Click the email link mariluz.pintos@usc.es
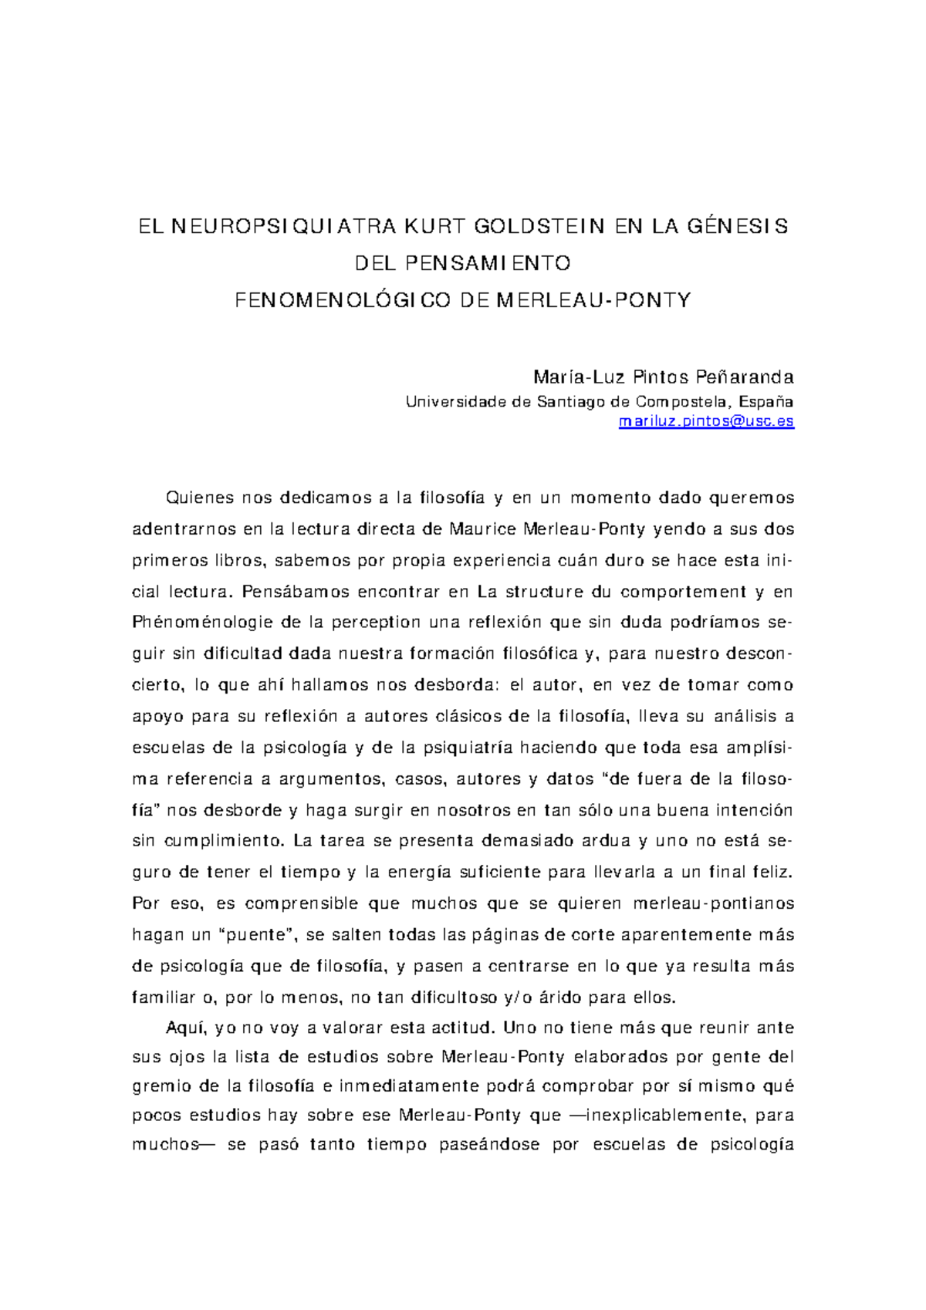point(706,421)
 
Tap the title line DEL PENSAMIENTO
point(462,263)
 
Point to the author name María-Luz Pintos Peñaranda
point(663,377)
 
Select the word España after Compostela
point(765,401)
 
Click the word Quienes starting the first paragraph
point(200,498)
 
